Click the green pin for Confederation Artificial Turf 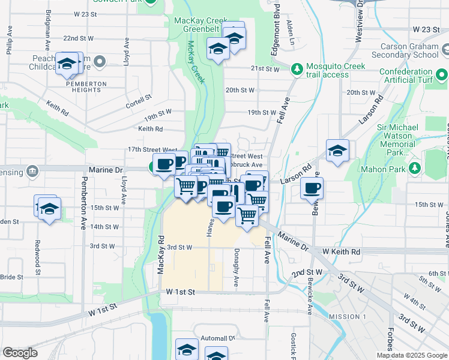click(x=442, y=76)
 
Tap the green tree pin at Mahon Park click(x=414, y=169)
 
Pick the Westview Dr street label click(x=359, y=21)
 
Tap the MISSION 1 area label click(x=348, y=316)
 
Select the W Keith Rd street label click(x=341, y=252)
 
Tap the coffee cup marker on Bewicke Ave click(x=312, y=188)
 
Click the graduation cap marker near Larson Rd click(x=337, y=151)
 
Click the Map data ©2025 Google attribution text click(x=411, y=355)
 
